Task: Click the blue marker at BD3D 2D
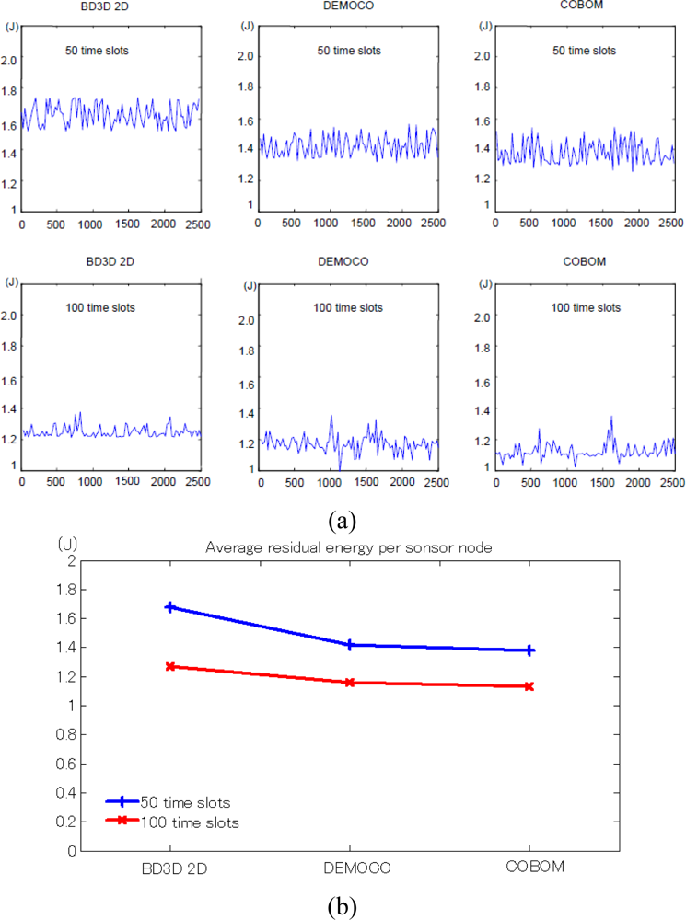[169, 607]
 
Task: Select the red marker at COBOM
[529, 686]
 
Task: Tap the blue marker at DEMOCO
[350, 645]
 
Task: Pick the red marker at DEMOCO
[350, 683]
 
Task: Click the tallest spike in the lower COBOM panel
[610, 419]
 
